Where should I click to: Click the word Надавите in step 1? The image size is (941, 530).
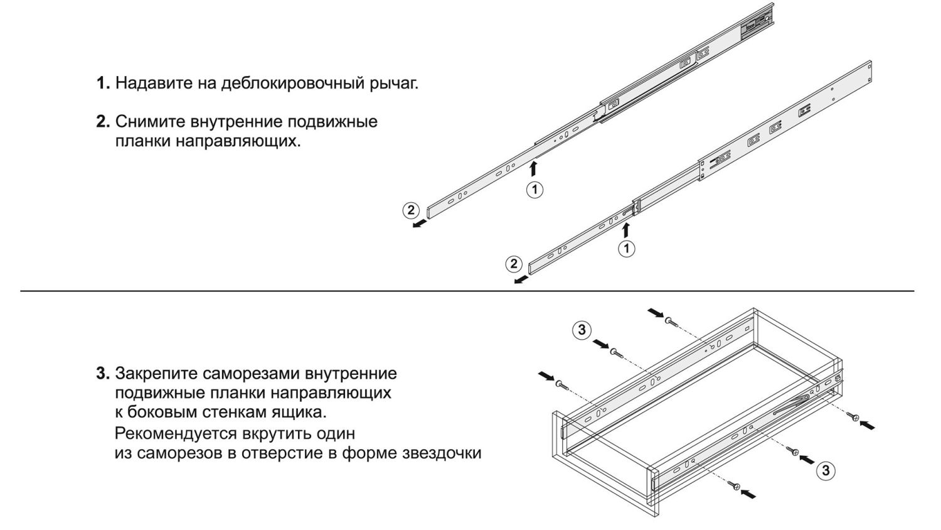(151, 83)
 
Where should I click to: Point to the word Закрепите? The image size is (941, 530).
(157, 374)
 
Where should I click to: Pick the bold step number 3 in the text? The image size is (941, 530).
(102, 374)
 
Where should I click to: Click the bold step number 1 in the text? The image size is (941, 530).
(102, 83)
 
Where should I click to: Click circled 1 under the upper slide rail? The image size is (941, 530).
(534, 189)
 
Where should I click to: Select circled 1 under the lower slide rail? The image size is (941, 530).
(626, 248)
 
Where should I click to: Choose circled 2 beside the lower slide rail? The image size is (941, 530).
(513, 264)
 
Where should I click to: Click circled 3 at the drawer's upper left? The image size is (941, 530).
(582, 330)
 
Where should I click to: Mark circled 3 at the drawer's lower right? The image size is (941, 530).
(826, 470)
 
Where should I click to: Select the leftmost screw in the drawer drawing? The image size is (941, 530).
(560, 383)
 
